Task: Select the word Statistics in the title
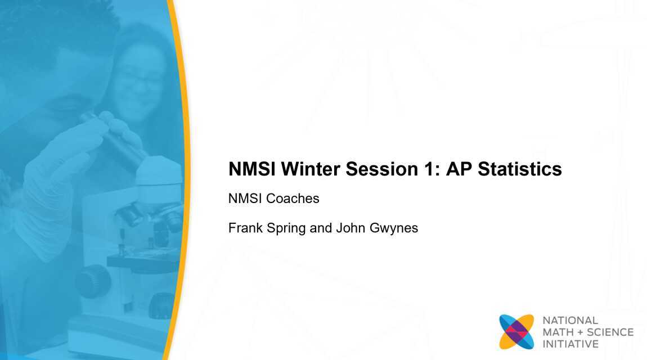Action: pos(520,169)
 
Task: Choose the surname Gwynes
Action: pos(394,229)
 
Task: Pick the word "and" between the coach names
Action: pos(321,228)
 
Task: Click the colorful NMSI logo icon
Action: pos(516,332)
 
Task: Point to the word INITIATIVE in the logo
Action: pos(570,344)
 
